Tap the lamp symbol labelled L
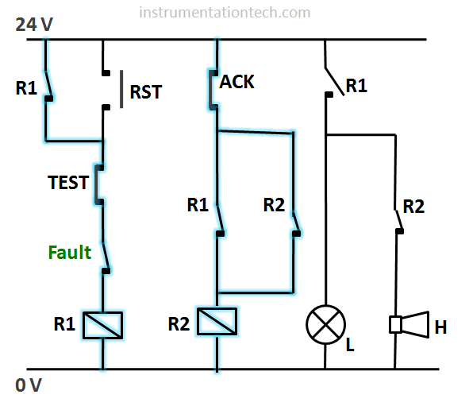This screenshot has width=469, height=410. click(325, 325)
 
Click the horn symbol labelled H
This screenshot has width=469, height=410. click(409, 325)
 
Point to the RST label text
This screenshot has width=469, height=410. click(146, 92)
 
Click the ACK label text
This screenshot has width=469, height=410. click(237, 82)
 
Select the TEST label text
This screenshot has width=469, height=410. click(68, 183)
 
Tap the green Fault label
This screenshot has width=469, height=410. click(70, 253)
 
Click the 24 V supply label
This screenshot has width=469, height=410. click(34, 25)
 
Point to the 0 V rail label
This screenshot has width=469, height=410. click(29, 385)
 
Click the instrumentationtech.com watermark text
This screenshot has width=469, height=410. click(225, 13)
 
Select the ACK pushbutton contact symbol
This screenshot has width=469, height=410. click(213, 90)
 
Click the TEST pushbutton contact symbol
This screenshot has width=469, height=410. click(99, 184)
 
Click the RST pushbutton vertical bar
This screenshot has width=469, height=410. click(121, 89)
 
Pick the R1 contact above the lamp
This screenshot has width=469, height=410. click(334, 82)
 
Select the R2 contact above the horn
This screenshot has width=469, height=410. click(399, 222)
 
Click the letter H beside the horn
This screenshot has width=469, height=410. click(440, 327)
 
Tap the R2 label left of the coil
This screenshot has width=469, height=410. click(179, 323)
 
